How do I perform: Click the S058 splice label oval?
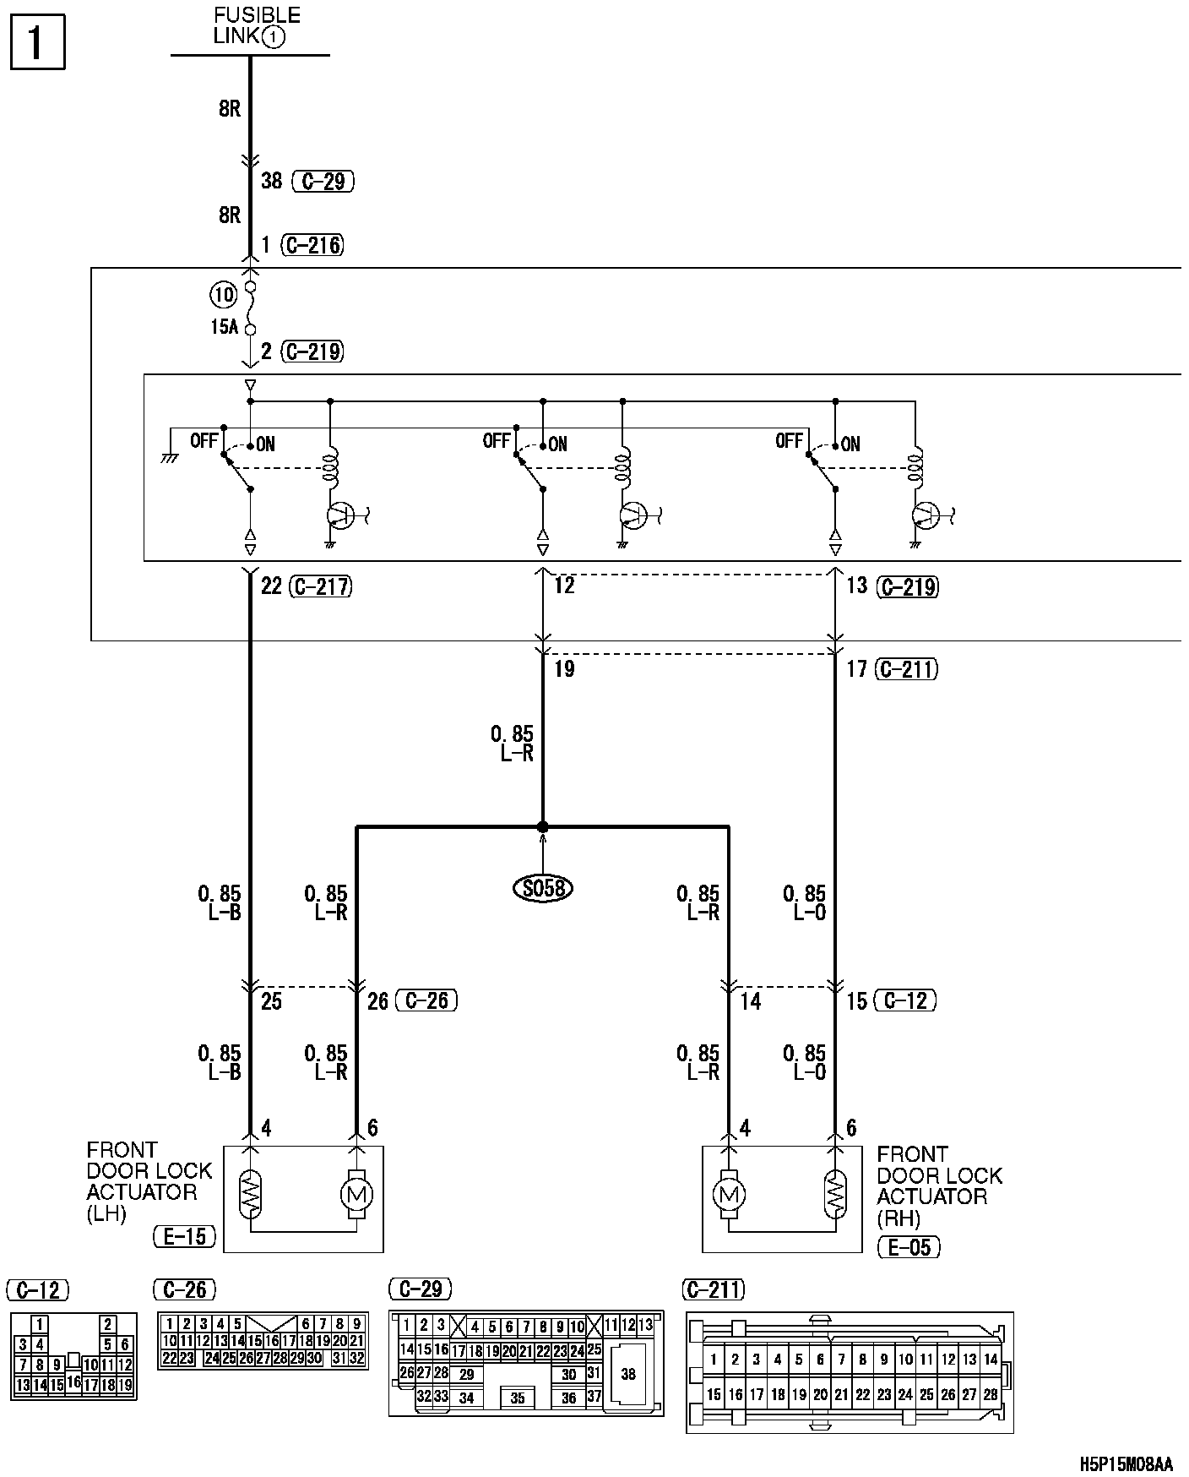(x=543, y=888)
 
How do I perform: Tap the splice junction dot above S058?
(x=543, y=826)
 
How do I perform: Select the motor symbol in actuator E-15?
(x=356, y=1195)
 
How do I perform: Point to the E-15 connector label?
(x=185, y=1237)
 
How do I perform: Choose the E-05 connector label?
(x=909, y=1247)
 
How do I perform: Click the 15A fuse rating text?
(x=224, y=327)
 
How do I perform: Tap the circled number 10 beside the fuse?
(x=224, y=295)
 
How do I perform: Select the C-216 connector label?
(x=313, y=245)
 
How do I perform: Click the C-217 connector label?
(x=320, y=586)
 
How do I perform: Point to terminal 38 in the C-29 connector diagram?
(x=627, y=1375)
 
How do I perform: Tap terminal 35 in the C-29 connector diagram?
(x=518, y=1398)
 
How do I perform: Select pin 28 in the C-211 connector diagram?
(x=991, y=1395)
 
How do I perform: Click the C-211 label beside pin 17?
(x=907, y=669)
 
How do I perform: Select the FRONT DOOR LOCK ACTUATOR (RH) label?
(x=939, y=1186)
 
